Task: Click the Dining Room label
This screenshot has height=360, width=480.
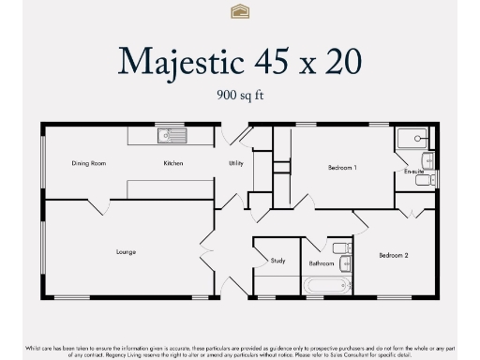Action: (x=89, y=163)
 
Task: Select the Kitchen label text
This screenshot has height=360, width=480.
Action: (x=172, y=163)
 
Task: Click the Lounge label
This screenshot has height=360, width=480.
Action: (x=127, y=251)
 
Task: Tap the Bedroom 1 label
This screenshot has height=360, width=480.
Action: (x=342, y=168)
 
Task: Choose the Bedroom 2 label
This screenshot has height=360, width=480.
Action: (x=394, y=255)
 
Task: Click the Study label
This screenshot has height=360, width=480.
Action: (x=277, y=261)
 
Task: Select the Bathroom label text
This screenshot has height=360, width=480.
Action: (x=322, y=263)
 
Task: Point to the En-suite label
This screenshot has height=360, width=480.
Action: (x=413, y=172)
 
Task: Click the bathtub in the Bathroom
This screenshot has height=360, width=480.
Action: (x=328, y=286)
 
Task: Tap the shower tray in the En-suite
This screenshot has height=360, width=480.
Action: (x=410, y=141)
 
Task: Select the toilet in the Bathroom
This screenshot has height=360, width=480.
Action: (x=340, y=248)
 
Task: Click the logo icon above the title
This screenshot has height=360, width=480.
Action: (x=239, y=11)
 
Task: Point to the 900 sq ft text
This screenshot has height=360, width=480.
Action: (x=239, y=95)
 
